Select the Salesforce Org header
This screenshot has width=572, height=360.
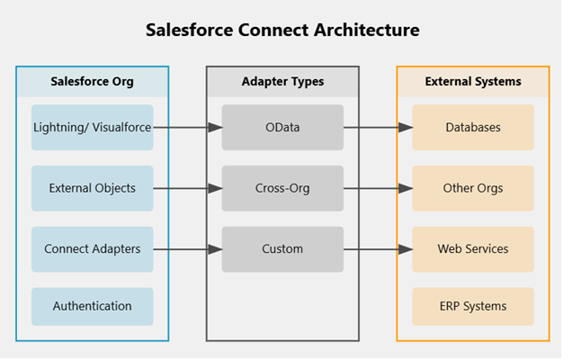click(92, 82)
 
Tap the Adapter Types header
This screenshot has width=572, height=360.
click(282, 82)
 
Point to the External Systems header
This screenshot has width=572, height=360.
click(473, 82)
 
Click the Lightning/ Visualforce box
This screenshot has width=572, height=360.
click(92, 128)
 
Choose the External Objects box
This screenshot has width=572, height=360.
click(92, 188)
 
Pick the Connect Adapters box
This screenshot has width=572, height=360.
click(92, 249)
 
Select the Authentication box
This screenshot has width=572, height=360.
click(92, 306)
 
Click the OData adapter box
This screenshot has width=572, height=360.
click(282, 128)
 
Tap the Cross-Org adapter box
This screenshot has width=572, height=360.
click(282, 188)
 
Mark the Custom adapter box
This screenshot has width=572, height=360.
click(282, 249)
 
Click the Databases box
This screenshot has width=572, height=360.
click(473, 128)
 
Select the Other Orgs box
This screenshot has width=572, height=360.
click(473, 188)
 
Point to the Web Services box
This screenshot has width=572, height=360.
click(473, 249)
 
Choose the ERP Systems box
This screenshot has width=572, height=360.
click(473, 306)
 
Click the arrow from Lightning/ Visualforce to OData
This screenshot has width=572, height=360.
click(187, 128)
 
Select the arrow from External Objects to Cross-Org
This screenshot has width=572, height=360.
click(187, 188)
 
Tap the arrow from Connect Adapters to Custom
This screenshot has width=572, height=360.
click(187, 249)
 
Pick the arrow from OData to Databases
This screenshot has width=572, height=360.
click(378, 128)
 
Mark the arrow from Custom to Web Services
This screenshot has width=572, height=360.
click(378, 249)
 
